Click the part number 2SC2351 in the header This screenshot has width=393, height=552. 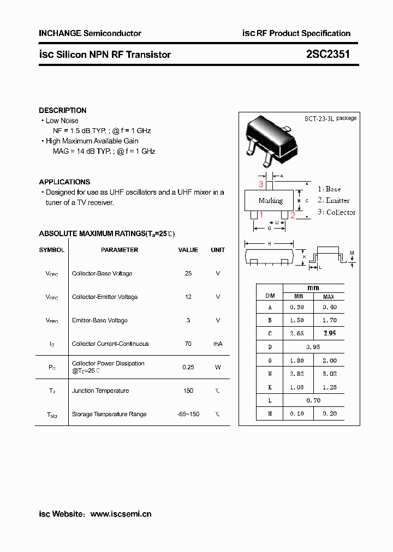click(x=327, y=54)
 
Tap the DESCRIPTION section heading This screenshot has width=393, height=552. click(x=63, y=110)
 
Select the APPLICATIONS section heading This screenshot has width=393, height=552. click(x=64, y=182)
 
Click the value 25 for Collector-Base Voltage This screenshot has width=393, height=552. click(x=188, y=273)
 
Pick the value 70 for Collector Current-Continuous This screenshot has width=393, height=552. click(x=188, y=344)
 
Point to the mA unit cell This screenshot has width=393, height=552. click(x=218, y=344)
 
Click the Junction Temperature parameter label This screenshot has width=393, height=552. click(x=100, y=391)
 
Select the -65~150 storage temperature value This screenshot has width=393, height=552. click(x=188, y=414)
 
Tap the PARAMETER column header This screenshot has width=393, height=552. click(x=120, y=250)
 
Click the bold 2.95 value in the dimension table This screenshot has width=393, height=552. click(x=329, y=333)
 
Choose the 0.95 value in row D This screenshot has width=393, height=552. click(x=313, y=347)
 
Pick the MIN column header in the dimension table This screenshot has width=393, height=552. click(x=299, y=296)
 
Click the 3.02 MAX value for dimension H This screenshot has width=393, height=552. click(x=329, y=374)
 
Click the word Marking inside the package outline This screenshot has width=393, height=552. click(x=271, y=201)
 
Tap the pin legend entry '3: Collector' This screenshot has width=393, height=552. click(x=336, y=212)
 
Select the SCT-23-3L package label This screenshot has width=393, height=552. click(x=330, y=118)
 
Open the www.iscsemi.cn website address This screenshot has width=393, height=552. click(x=121, y=514)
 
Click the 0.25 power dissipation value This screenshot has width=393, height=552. click(x=188, y=367)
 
